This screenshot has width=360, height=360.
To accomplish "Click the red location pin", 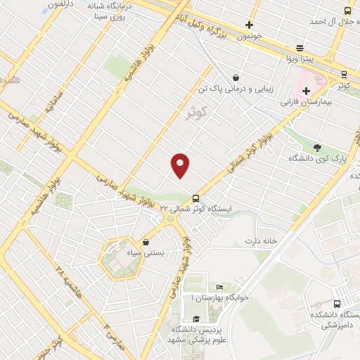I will [181, 165].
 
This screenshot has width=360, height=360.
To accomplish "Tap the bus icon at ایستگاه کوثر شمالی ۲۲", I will [195, 198].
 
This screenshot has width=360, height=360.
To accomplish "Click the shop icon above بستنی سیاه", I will [146, 242].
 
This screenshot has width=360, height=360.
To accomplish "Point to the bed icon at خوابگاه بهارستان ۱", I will [219, 288].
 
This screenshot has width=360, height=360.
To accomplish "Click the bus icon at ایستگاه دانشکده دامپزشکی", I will [337, 304].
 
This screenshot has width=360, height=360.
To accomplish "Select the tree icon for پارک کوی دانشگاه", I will [317, 148].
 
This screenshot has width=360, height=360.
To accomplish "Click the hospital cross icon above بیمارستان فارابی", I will [306, 91].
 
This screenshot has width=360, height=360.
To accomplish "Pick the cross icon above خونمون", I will [248, 25].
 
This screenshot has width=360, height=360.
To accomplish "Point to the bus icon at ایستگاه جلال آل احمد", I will [347, 11].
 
